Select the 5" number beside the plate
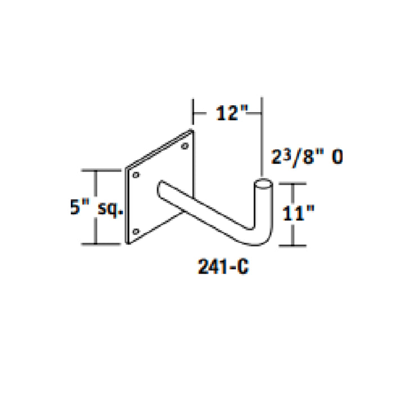[x=76, y=207]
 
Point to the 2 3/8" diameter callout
[x=308, y=156]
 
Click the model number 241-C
[x=223, y=267]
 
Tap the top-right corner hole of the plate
[x=185, y=147]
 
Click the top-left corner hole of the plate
[x=135, y=175]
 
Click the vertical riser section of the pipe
[x=263, y=208]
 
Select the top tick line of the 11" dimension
[x=293, y=182]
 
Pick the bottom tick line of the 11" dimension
[x=293, y=246]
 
